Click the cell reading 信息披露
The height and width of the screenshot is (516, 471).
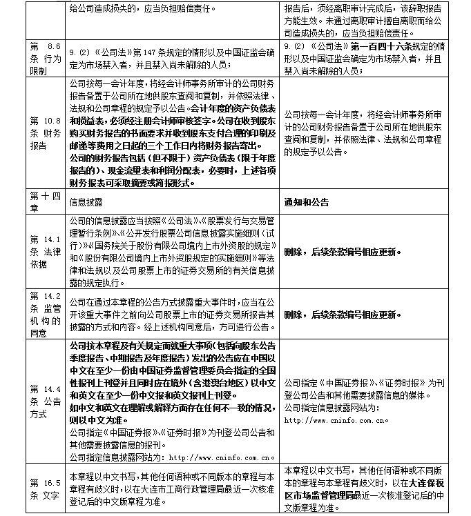[86, 204]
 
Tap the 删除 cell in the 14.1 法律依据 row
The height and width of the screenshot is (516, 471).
[341, 252]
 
